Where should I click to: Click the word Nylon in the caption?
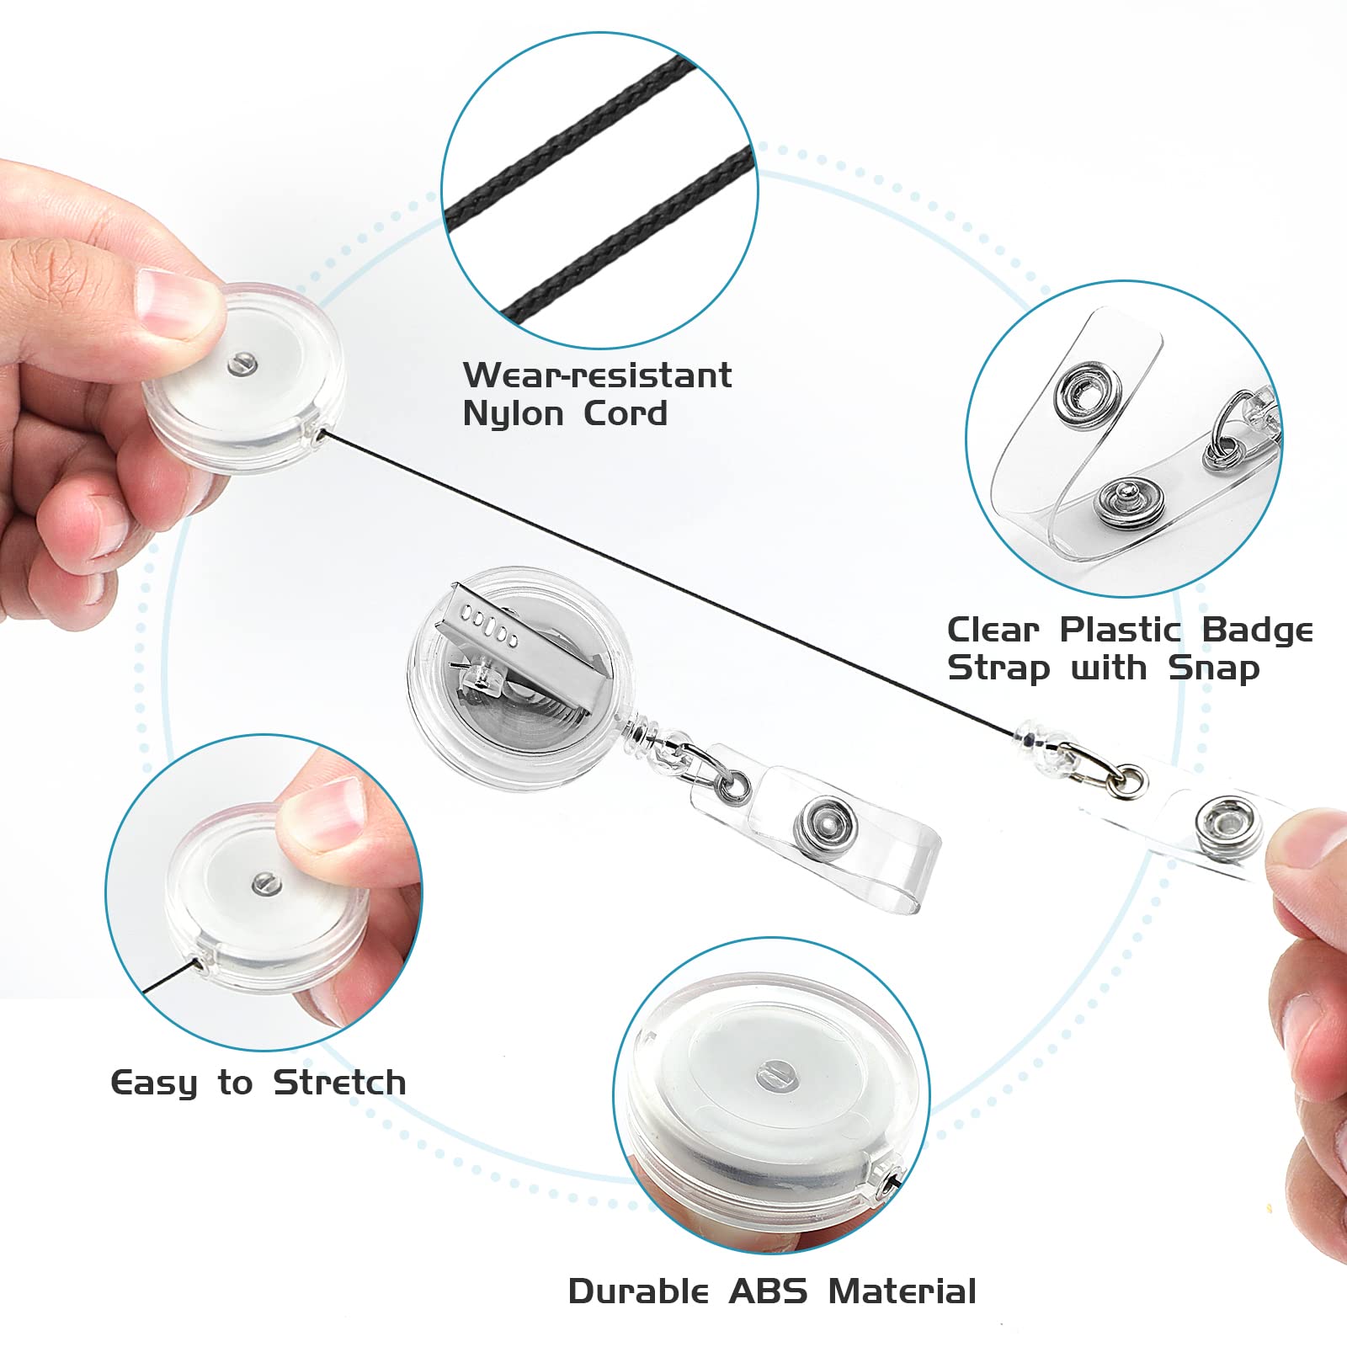click(513, 414)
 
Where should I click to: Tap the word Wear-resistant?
click(597, 375)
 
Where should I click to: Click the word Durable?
click(638, 1291)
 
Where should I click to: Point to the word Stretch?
click(339, 1083)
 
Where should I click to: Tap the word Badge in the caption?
click(1257, 630)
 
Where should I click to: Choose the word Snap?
click(1213, 668)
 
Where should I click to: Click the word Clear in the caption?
click(993, 630)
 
